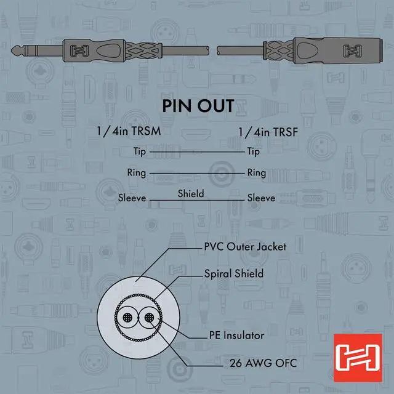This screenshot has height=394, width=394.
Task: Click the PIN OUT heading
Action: pyautogui.click(x=198, y=105)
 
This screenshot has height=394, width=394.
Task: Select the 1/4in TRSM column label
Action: pyautogui.click(x=130, y=132)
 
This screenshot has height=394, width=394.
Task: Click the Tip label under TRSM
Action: pyautogui.click(x=140, y=151)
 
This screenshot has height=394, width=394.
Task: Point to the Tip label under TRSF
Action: pyautogui.click(x=253, y=151)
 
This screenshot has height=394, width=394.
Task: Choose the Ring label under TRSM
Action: pyautogui.click(x=136, y=173)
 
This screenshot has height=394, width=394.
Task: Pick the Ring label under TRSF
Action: pyautogui.click(x=256, y=173)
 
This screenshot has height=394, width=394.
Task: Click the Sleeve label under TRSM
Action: pyautogui.click(x=132, y=198)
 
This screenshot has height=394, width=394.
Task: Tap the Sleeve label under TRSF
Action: pyautogui.click(x=261, y=198)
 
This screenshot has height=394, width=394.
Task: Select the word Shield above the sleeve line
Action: pyautogui.click(x=191, y=193)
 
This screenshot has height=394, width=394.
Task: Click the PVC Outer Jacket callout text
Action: pyautogui.click(x=245, y=247)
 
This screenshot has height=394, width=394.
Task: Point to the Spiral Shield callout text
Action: pyautogui.click(x=233, y=273)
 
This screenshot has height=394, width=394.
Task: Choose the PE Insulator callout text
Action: pyautogui.click(x=236, y=336)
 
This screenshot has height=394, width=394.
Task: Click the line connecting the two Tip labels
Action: pyautogui.click(x=197, y=151)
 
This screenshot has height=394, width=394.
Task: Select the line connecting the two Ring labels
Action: pyautogui.click(x=197, y=173)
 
